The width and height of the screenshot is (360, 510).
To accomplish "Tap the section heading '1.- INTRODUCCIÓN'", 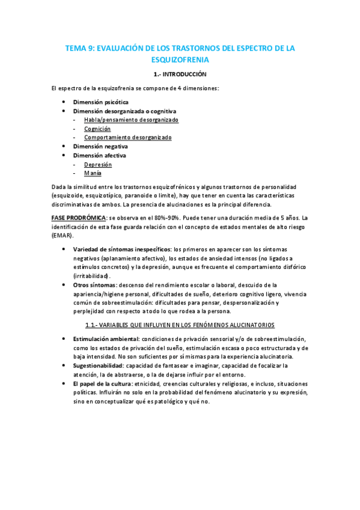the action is click(180, 75).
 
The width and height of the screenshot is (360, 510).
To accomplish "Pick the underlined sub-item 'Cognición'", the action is click(97, 129).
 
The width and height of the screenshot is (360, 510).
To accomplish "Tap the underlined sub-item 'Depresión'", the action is click(98, 164).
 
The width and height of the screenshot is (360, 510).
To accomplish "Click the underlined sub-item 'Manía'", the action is click(93, 173).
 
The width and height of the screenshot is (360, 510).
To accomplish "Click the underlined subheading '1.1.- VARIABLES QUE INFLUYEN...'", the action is click(180, 325).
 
